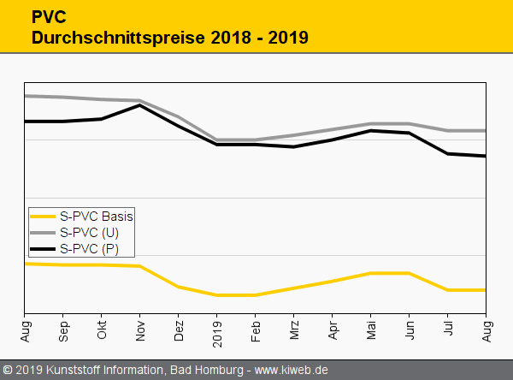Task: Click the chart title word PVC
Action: (x=47, y=17)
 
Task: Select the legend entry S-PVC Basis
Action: (x=96, y=217)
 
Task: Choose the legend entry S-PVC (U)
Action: (x=89, y=233)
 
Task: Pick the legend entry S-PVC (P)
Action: (x=89, y=249)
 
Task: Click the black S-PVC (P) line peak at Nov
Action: (x=140, y=105)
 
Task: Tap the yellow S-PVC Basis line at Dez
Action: (x=179, y=287)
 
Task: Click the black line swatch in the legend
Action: (x=43, y=249)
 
